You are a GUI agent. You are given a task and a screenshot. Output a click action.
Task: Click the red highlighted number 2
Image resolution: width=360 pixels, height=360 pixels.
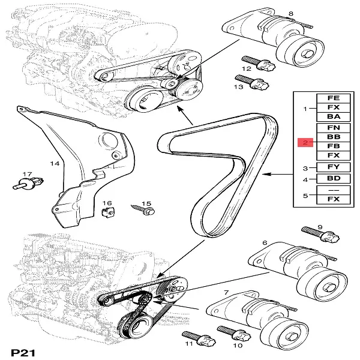click(305, 142)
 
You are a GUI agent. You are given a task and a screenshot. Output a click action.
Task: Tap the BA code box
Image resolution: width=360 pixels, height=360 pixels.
click(333, 118)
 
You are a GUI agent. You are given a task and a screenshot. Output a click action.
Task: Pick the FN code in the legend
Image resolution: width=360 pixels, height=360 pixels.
click(333, 128)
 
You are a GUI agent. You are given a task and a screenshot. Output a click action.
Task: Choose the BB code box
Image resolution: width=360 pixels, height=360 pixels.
click(333, 137)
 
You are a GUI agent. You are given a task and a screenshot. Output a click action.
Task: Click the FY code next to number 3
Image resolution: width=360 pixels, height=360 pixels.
click(333, 167)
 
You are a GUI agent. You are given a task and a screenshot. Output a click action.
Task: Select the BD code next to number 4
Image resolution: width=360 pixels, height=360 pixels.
click(333, 179)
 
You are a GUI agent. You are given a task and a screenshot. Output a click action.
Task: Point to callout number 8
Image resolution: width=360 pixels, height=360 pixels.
click(291, 13)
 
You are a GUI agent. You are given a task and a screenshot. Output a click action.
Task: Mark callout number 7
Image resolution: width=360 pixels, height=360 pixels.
click(226, 292)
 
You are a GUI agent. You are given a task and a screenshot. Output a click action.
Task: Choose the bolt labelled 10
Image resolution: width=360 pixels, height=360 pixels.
click(232, 333)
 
